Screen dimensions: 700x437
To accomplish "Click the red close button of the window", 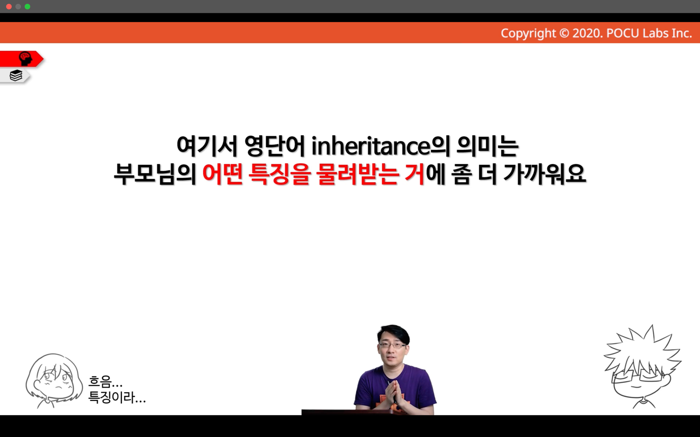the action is [9, 6].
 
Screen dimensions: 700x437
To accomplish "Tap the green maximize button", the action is [27, 6].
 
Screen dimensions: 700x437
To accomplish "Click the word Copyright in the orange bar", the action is [528, 33].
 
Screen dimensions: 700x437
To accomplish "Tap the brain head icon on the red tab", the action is [25, 59].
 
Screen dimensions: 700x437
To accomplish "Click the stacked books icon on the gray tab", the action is [16, 75].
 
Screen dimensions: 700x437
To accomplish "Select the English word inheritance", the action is [371, 146].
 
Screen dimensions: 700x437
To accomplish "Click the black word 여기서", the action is [207, 146].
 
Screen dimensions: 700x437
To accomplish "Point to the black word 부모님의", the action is [155, 174].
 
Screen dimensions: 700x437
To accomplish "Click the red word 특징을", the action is [280, 174].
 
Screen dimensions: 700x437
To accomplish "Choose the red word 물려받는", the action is [357, 174].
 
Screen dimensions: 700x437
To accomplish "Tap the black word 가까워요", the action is [544, 174].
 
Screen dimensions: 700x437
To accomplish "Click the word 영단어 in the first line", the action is [275, 146].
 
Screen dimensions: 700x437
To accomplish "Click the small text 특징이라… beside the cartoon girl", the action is [117, 397].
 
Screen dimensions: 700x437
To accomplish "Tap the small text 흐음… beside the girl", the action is [105, 382].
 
